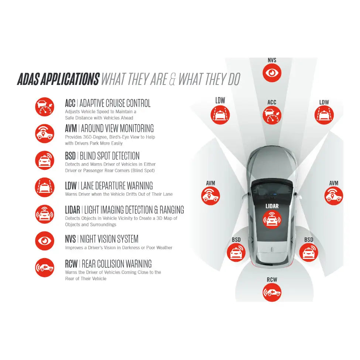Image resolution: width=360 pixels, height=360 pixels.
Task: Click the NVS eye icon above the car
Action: [272, 73]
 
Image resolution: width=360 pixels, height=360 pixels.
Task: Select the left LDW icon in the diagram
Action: [220, 115]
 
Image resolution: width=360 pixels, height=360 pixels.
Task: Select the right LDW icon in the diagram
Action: [324, 115]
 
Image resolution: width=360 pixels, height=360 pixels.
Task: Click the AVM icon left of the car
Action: [210, 195]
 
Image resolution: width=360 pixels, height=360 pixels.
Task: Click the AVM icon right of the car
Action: [333, 195]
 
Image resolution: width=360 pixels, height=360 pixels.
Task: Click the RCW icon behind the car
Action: [272, 292]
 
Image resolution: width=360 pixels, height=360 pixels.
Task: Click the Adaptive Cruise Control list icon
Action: [45, 107]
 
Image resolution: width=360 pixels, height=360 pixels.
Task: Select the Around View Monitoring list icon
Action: [45, 133]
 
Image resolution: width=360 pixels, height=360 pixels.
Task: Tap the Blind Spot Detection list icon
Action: [45, 160]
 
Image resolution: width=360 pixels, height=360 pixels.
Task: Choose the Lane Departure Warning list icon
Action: [45, 187]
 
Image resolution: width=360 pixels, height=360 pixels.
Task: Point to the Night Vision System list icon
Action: [45, 241]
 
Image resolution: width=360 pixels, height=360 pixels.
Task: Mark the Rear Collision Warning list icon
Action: [45, 267]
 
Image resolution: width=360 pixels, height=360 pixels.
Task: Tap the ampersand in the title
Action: [172, 79]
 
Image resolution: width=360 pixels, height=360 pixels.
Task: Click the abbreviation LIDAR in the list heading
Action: [72, 210]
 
